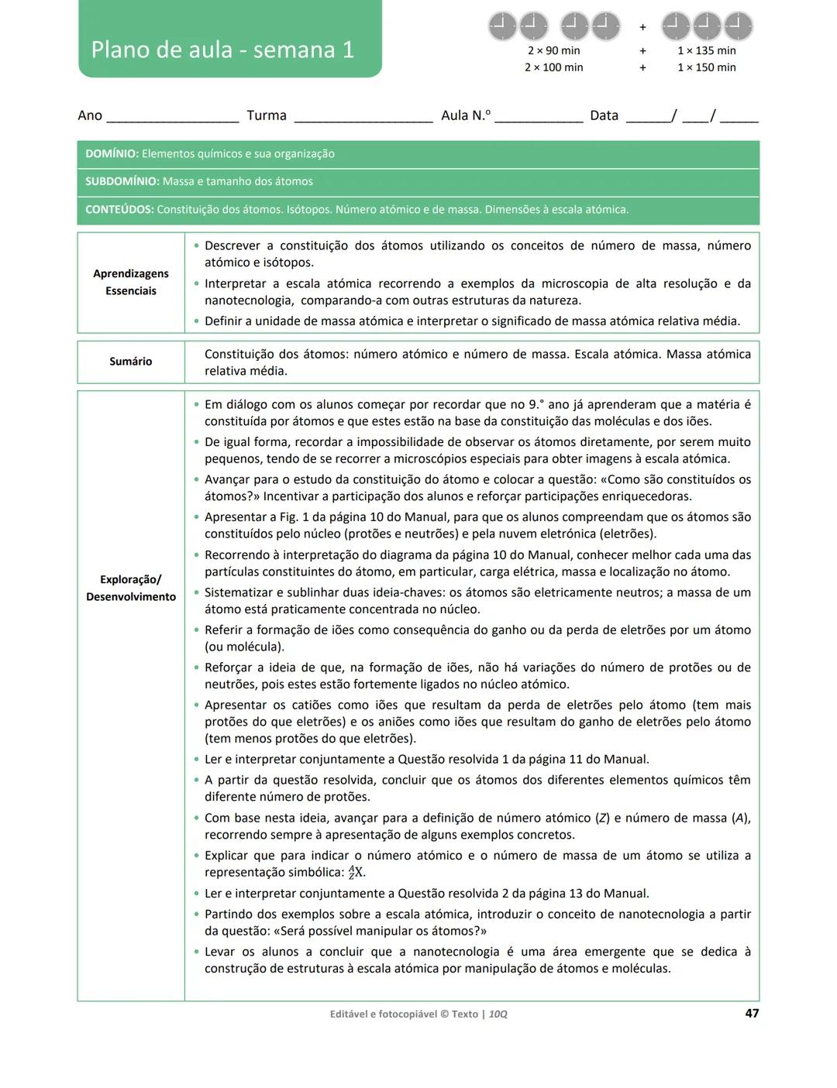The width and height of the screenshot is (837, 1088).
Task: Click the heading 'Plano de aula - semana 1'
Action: pyautogui.click(x=222, y=50)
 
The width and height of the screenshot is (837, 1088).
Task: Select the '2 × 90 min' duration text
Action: pyautogui.click(x=553, y=50)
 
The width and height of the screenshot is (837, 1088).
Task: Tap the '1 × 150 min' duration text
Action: pyautogui.click(x=706, y=67)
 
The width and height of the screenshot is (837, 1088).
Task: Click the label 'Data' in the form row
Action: pyautogui.click(x=604, y=115)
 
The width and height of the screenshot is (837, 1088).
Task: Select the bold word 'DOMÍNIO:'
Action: pyautogui.click(x=112, y=153)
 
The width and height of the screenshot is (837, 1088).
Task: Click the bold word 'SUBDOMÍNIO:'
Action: pyautogui.click(x=122, y=181)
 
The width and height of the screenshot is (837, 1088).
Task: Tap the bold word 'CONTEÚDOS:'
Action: pyautogui.click(x=119, y=209)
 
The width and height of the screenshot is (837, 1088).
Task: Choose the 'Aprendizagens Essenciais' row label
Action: pyautogui.click(x=131, y=282)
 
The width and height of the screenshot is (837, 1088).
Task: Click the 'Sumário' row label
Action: pyautogui.click(x=131, y=362)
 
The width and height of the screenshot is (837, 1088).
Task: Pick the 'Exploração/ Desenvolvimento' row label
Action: pyautogui.click(x=131, y=588)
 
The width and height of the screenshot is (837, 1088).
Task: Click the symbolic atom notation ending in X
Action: pyautogui.click(x=356, y=873)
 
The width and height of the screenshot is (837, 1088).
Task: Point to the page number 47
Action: pyautogui.click(x=751, y=1013)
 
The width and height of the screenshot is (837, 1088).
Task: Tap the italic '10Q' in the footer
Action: pyautogui.click(x=498, y=1014)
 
